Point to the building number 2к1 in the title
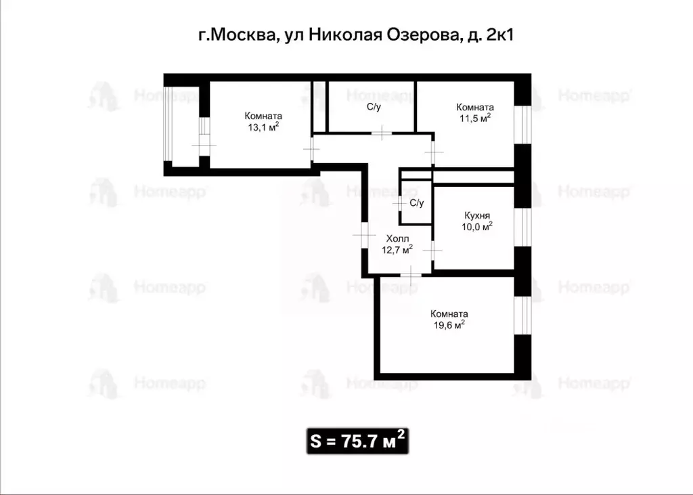click(x=499, y=36)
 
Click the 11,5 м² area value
click(x=474, y=118)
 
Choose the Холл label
click(x=398, y=239)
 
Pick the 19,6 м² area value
click(x=449, y=325)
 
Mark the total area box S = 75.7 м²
click(x=358, y=440)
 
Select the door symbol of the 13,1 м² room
click(x=312, y=148)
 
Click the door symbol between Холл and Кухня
click(x=432, y=249)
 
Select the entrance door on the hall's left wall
click(x=364, y=233)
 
